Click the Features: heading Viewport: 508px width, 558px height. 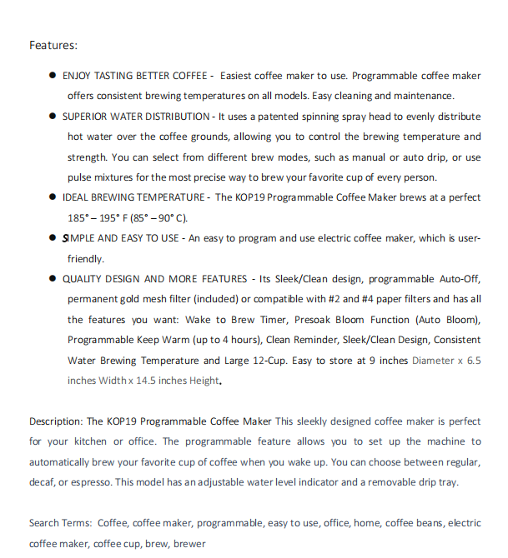pyautogui.click(x=53, y=45)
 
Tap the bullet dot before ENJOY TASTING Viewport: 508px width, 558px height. pyautogui.click(x=53, y=76)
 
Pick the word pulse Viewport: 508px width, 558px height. pyautogui.click(x=81, y=177)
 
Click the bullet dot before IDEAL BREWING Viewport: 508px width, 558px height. pyautogui.click(x=53, y=197)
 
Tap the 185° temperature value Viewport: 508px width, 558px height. pyautogui.click(x=80, y=218)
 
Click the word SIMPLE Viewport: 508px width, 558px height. pyautogui.click(x=80, y=238)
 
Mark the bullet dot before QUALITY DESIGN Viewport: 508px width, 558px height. pyautogui.click(x=53, y=279)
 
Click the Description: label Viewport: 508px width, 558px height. pyautogui.click(x=56, y=421)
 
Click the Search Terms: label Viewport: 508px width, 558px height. pyautogui.click(x=60, y=523)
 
